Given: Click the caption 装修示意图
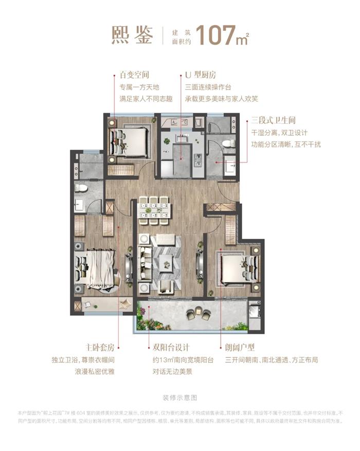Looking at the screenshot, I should click(179, 398).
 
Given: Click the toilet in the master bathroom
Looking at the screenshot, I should click(81, 188).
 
